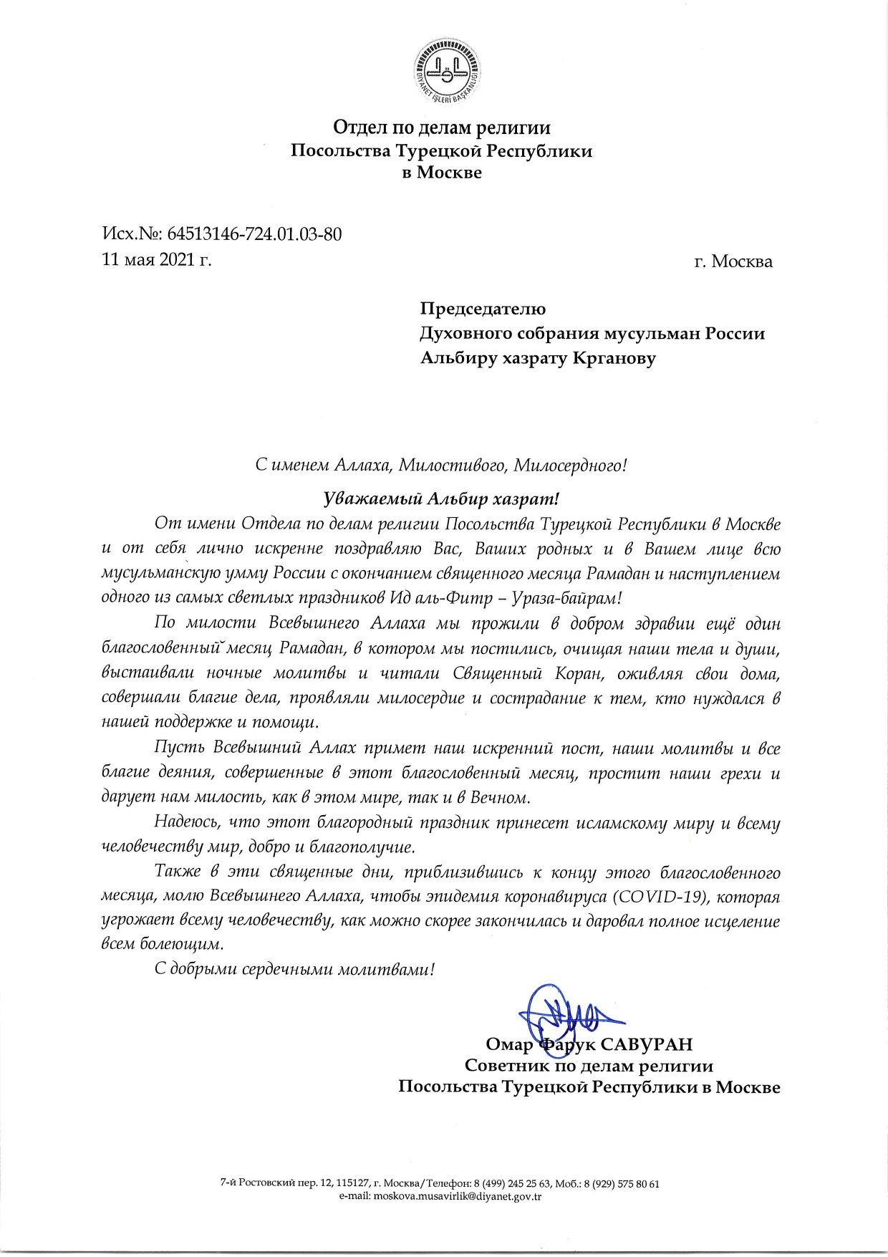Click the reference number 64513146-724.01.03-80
pyautogui.click(x=254, y=234)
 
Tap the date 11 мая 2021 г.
pyautogui.click(x=158, y=259)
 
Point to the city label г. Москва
pyautogui.click(x=733, y=261)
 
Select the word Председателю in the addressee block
pyautogui.click(x=483, y=309)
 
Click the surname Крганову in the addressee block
pyautogui.click(x=614, y=357)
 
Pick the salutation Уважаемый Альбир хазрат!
pyautogui.click(x=440, y=498)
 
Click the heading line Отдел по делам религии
pyautogui.click(x=442, y=128)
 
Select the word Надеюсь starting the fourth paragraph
pyautogui.click(x=186, y=824)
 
